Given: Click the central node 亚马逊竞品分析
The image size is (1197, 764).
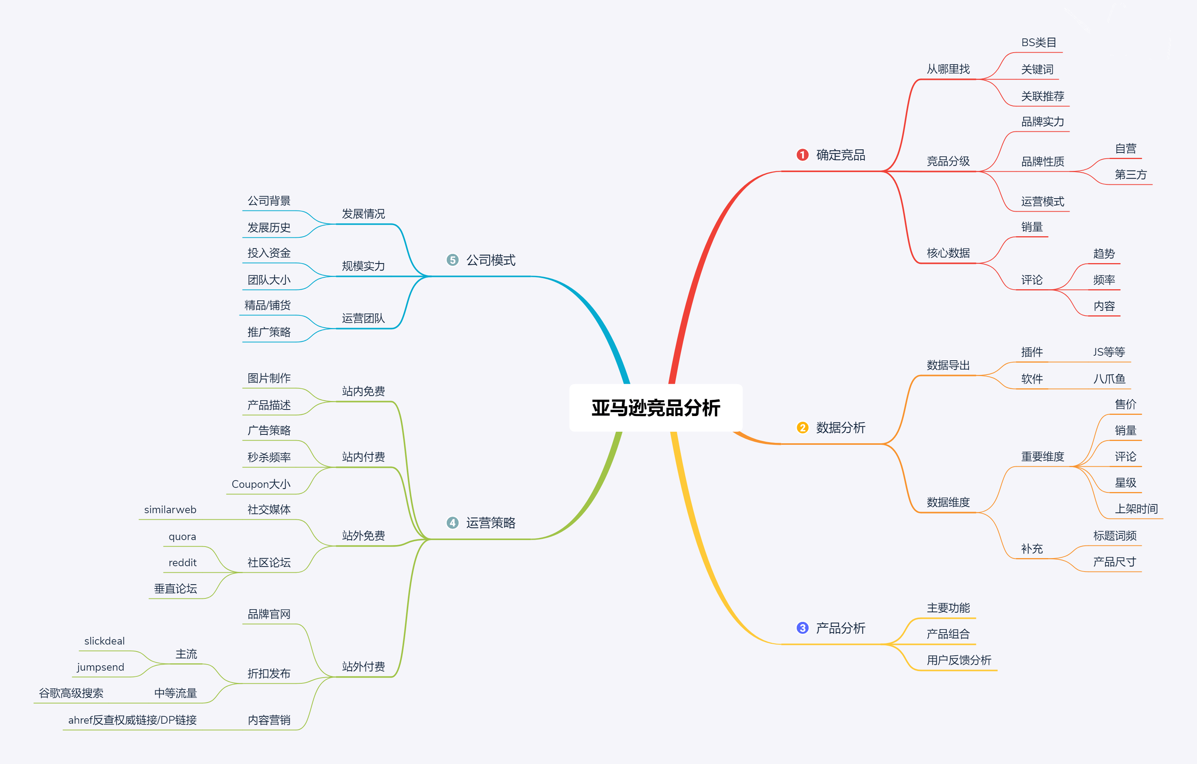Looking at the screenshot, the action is [x=655, y=408].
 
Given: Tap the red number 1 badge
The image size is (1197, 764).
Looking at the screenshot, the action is [x=802, y=155].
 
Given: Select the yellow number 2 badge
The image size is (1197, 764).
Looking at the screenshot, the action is [x=802, y=428].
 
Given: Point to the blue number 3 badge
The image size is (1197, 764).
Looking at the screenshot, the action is [x=802, y=628].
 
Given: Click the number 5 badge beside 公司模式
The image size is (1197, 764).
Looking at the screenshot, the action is [x=452, y=260].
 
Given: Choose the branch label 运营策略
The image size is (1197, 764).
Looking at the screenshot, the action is [x=490, y=523].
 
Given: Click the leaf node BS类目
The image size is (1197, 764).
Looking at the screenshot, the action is [x=1039, y=43].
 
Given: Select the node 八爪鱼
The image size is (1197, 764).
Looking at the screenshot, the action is [x=1109, y=379].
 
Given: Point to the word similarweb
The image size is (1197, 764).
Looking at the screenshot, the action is [x=170, y=510].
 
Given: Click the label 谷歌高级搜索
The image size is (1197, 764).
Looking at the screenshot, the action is [x=71, y=693].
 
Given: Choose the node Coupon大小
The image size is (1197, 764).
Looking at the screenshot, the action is [x=261, y=484].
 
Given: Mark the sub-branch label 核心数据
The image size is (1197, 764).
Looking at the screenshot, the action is [x=948, y=253].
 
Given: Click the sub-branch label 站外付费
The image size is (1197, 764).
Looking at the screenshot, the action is [x=363, y=667].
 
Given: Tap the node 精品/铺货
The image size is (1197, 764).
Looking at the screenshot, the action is [x=267, y=305].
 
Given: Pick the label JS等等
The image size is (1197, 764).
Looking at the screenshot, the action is [x=1109, y=352].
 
